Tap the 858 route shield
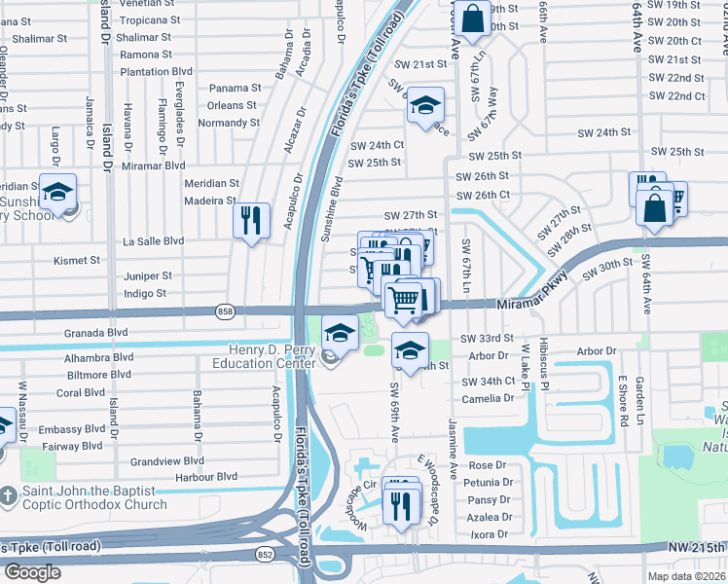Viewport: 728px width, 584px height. [x=224, y=310]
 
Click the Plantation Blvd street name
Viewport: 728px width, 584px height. [x=156, y=71]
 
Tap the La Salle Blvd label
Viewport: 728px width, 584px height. [x=153, y=240]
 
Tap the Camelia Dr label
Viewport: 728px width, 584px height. [x=488, y=399]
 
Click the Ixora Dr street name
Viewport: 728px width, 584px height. [x=488, y=534]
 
